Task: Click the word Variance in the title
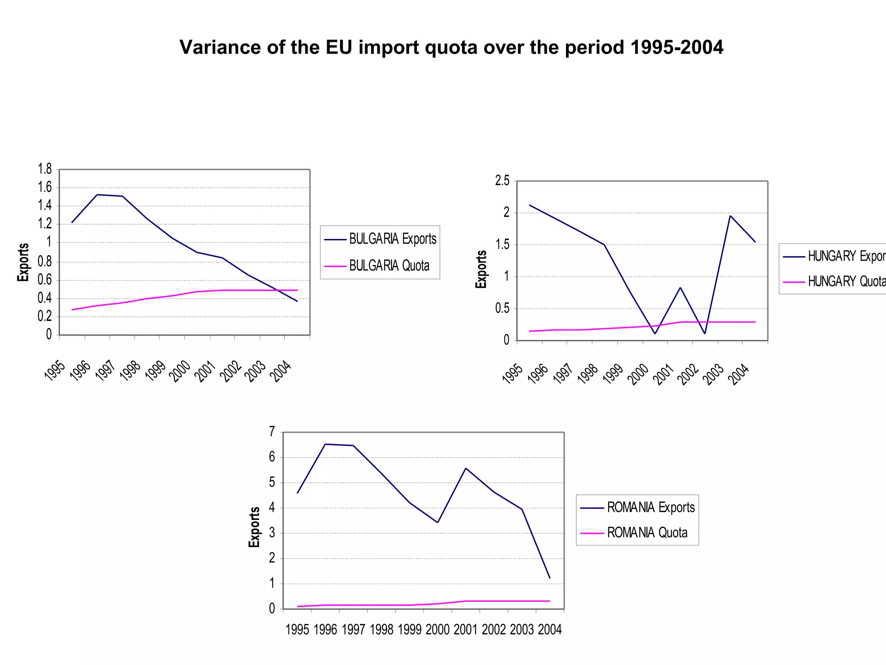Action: [x=220, y=47]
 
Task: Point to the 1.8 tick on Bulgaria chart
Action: [x=45, y=169]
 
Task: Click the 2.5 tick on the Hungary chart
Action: [x=502, y=181]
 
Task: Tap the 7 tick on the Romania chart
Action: [x=272, y=432]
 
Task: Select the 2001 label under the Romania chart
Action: [x=465, y=629]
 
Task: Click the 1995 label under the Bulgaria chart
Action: [x=55, y=371]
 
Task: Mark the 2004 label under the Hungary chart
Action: [x=738, y=374]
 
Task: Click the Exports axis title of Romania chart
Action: [x=254, y=527]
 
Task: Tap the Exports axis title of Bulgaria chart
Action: [x=23, y=262]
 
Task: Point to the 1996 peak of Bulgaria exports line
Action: [x=97, y=195]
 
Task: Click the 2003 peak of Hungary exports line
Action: [x=730, y=216]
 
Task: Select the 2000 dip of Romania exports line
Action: [x=437, y=522]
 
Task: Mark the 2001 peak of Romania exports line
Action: [x=465, y=468]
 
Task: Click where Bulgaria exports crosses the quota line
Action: [x=277, y=290]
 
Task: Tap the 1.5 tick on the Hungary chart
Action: [x=502, y=245]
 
